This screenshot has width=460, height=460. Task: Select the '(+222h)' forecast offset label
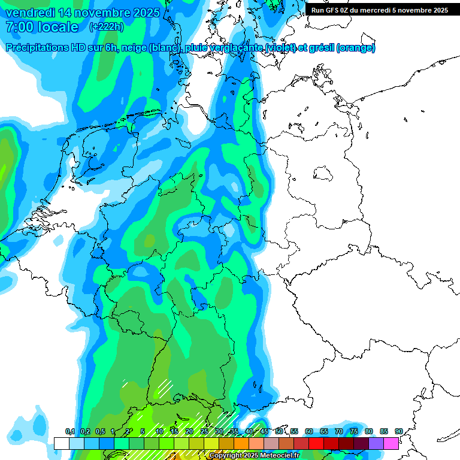click(106, 26)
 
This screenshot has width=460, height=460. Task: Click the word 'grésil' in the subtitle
click(320, 47)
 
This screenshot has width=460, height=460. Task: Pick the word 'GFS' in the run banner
click(334, 10)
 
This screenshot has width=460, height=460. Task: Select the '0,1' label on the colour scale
click(69, 432)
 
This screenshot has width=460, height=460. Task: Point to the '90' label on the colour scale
click(398, 432)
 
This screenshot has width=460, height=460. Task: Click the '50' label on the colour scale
click(279, 432)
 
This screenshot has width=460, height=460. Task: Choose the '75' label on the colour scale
click(354, 432)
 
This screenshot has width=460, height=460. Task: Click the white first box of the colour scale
click(61, 443)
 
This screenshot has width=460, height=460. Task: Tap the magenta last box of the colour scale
click(391, 443)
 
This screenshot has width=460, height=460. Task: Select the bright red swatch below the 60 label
click(316, 443)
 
